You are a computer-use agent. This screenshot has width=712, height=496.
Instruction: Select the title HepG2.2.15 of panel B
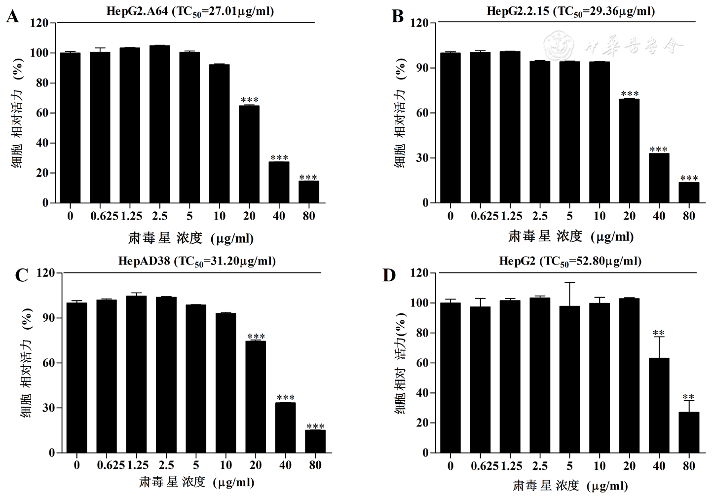pos(571,11)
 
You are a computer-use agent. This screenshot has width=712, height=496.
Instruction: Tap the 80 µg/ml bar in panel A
pos(309,192)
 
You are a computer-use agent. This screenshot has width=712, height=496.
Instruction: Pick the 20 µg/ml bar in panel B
pos(629,151)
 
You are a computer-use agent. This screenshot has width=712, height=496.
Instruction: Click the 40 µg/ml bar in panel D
pos(659,405)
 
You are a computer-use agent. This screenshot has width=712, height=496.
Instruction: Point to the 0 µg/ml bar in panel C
pos(76,378)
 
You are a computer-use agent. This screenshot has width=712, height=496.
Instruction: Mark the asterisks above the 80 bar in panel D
pos(688,397)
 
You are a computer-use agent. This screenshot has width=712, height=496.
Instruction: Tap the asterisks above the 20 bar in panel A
pos(249,101)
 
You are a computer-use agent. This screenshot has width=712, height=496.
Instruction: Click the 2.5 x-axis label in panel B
pos(540,216)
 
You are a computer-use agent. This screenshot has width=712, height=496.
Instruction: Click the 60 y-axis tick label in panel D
pos(419,363)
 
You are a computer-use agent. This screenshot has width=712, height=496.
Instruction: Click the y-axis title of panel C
pos(27,363)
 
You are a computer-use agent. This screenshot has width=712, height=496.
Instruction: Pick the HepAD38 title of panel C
pos(197,261)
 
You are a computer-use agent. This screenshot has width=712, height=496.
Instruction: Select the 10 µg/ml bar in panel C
pos(225,382)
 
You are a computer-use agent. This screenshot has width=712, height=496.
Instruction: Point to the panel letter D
pos(389,275)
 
